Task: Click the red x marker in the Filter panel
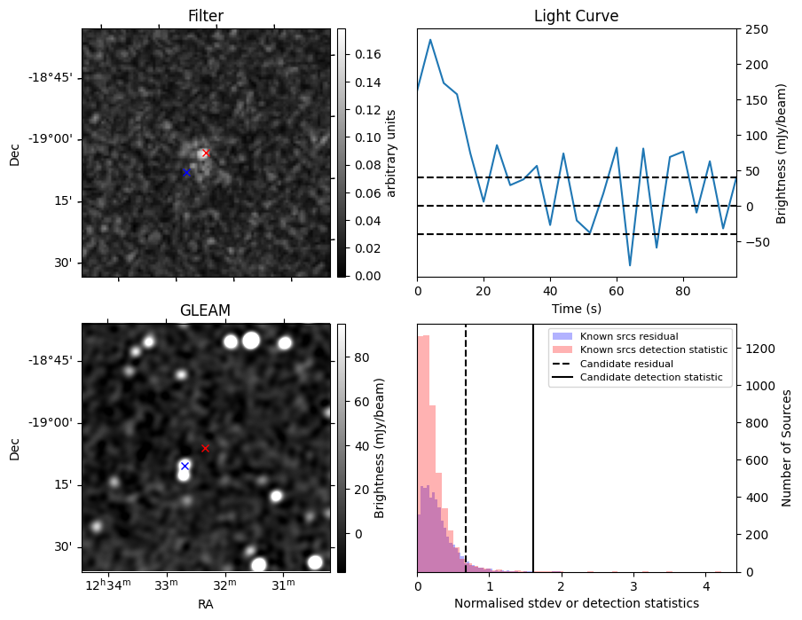(x=206, y=153)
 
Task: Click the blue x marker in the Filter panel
(x=186, y=172)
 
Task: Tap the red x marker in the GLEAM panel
(x=205, y=448)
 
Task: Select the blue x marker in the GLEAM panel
(x=185, y=466)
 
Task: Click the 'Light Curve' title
(x=576, y=16)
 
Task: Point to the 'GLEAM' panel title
(x=206, y=310)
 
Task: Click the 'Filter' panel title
(x=206, y=16)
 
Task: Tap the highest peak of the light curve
(x=430, y=39)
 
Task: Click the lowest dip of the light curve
(x=630, y=265)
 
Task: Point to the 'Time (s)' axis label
(x=576, y=307)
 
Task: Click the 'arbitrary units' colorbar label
(x=391, y=153)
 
